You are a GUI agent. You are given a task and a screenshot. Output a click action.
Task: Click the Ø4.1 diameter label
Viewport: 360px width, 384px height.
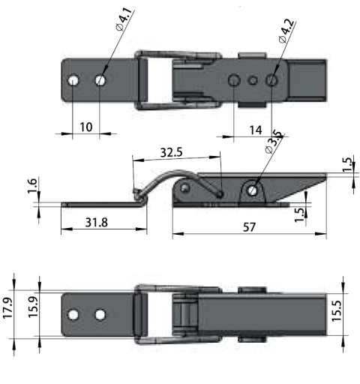124,19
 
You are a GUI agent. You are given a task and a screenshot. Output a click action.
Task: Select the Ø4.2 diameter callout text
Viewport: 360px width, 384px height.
286,31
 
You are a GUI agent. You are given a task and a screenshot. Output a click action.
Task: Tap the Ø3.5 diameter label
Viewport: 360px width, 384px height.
273,141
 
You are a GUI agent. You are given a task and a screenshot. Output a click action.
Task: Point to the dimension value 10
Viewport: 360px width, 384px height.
86,127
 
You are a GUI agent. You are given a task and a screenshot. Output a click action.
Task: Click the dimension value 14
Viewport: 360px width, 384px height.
256,130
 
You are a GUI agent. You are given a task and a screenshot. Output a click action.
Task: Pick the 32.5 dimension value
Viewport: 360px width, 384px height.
172,152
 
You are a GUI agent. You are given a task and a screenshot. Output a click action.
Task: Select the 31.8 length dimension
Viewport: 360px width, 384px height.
97,222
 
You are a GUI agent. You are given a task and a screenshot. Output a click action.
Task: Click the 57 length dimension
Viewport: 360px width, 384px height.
249,227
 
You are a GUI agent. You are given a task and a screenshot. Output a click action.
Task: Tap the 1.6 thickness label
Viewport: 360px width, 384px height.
32,185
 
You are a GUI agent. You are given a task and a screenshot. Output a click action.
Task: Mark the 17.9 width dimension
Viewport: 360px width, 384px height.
7,307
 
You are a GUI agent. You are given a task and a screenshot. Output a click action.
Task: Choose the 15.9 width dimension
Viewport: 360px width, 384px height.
33,307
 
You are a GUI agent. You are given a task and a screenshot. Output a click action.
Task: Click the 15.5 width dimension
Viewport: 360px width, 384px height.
337,310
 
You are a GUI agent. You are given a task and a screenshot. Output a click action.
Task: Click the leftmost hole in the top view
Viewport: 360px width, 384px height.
73,81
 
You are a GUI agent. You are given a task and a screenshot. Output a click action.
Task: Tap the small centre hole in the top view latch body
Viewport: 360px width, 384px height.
253,80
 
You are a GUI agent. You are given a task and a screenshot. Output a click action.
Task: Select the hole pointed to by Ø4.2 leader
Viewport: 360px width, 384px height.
271,80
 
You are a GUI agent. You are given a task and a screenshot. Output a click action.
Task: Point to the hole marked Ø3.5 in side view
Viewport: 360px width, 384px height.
253,190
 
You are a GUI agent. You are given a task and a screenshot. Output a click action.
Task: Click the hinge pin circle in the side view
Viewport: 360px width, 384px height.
185,187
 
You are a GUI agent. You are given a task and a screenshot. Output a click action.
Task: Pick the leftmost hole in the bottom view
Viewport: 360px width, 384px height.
73,315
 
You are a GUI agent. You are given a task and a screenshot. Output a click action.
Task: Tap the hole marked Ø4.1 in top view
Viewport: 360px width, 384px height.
100,80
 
